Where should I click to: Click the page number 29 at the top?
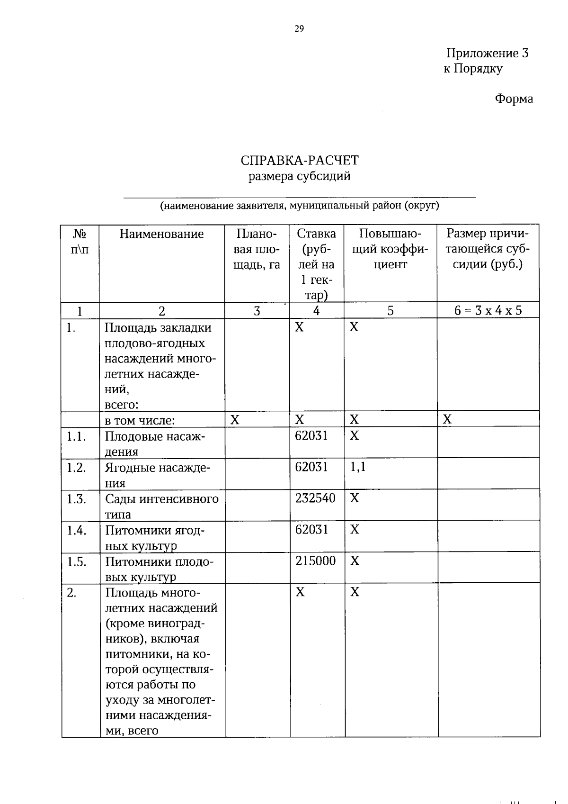click(299, 29)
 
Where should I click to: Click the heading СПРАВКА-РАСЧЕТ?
click(299, 160)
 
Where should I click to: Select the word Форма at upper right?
click(514, 99)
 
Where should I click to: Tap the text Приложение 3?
click(487, 53)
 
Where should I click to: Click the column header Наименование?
click(161, 234)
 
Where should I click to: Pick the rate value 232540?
click(315, 498)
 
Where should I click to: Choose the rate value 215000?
click(315, 561)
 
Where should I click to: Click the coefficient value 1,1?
click(358, 467)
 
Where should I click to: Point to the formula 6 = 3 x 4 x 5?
click(488, 311)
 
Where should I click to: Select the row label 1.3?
click(76, 499)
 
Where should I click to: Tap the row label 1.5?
click(76, 562)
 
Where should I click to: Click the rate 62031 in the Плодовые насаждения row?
click(311, 435)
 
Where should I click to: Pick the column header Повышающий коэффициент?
click(390, 249)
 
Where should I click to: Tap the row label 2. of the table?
click(71, 593)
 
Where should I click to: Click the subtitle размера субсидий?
click(299, 177)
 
